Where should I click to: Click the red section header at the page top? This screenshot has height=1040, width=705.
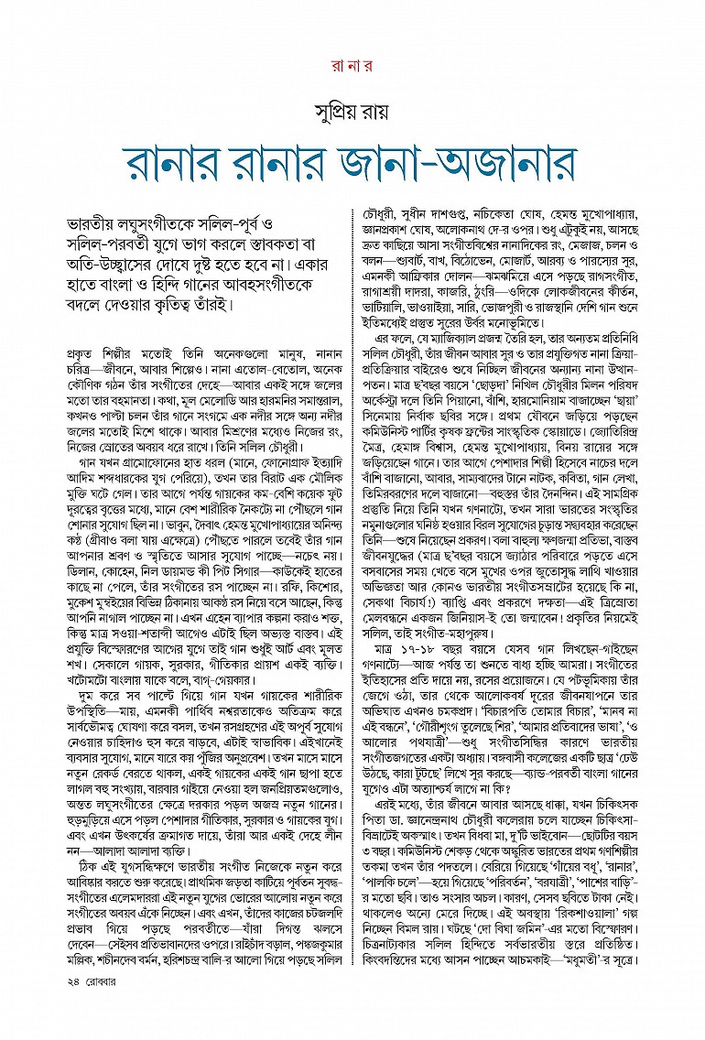(x=352, y=65)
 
